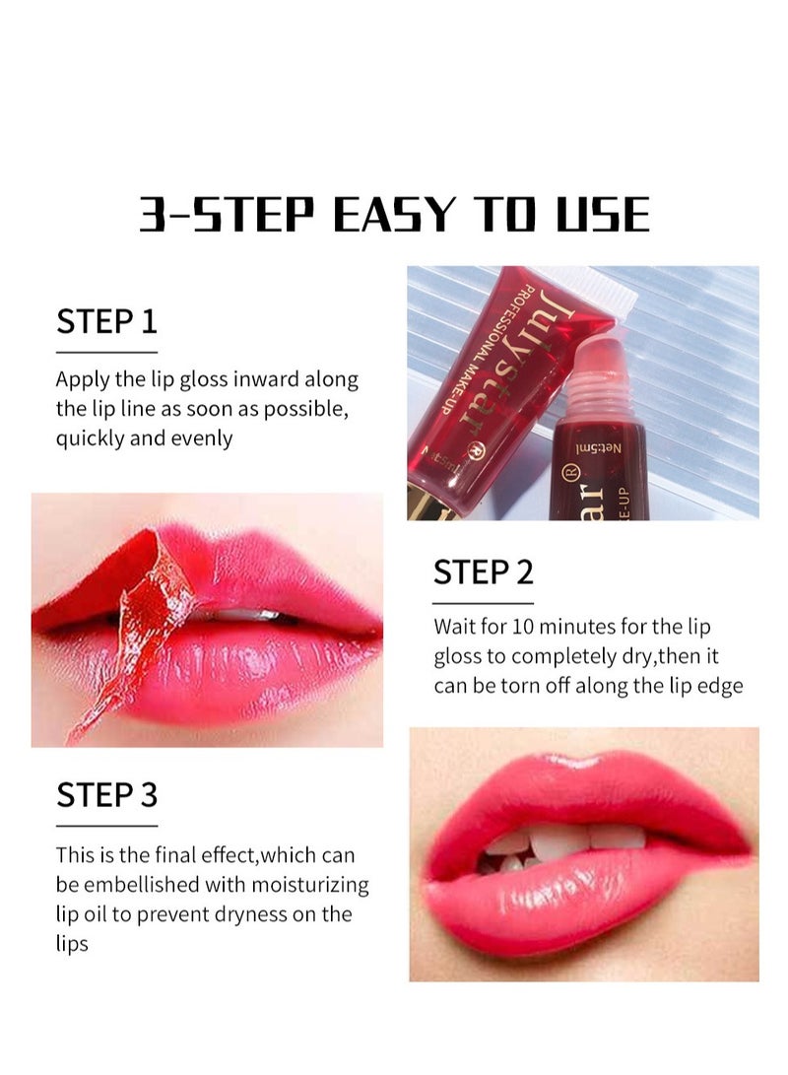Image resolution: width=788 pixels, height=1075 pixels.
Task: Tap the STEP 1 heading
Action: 106,321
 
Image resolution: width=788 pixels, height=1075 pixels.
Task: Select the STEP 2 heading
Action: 484,572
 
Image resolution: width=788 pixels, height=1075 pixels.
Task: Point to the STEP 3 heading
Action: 106,794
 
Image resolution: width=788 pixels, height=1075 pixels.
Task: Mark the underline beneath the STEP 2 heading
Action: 484,602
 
